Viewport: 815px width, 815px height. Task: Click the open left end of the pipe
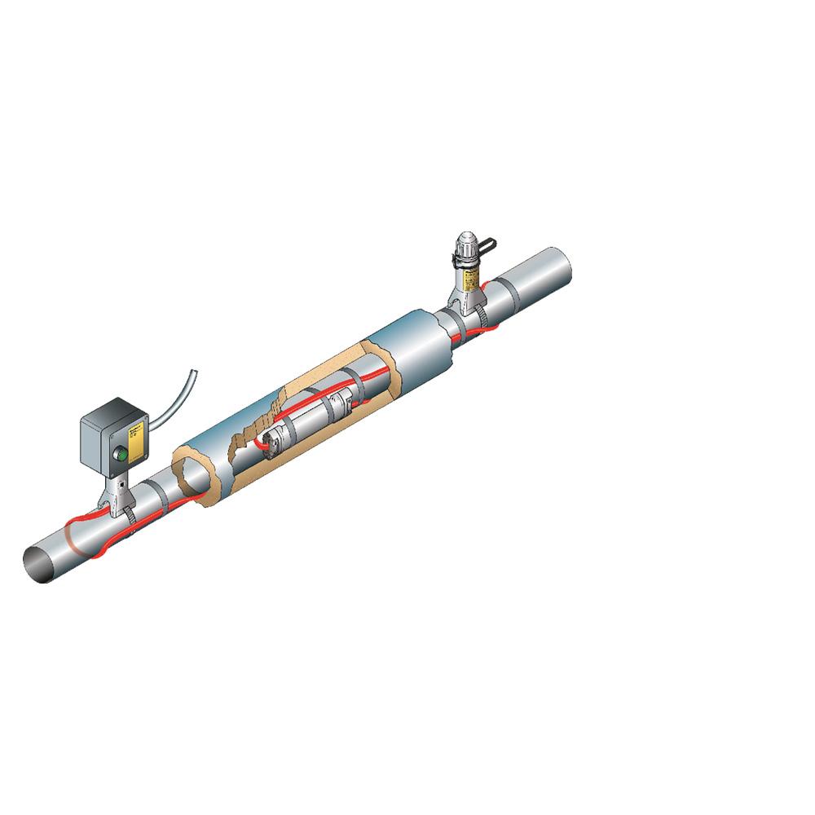(x=38, y=563)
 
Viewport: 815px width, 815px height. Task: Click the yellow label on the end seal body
(x=470, y=280)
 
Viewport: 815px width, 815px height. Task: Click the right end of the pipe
(x=562, y=265)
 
